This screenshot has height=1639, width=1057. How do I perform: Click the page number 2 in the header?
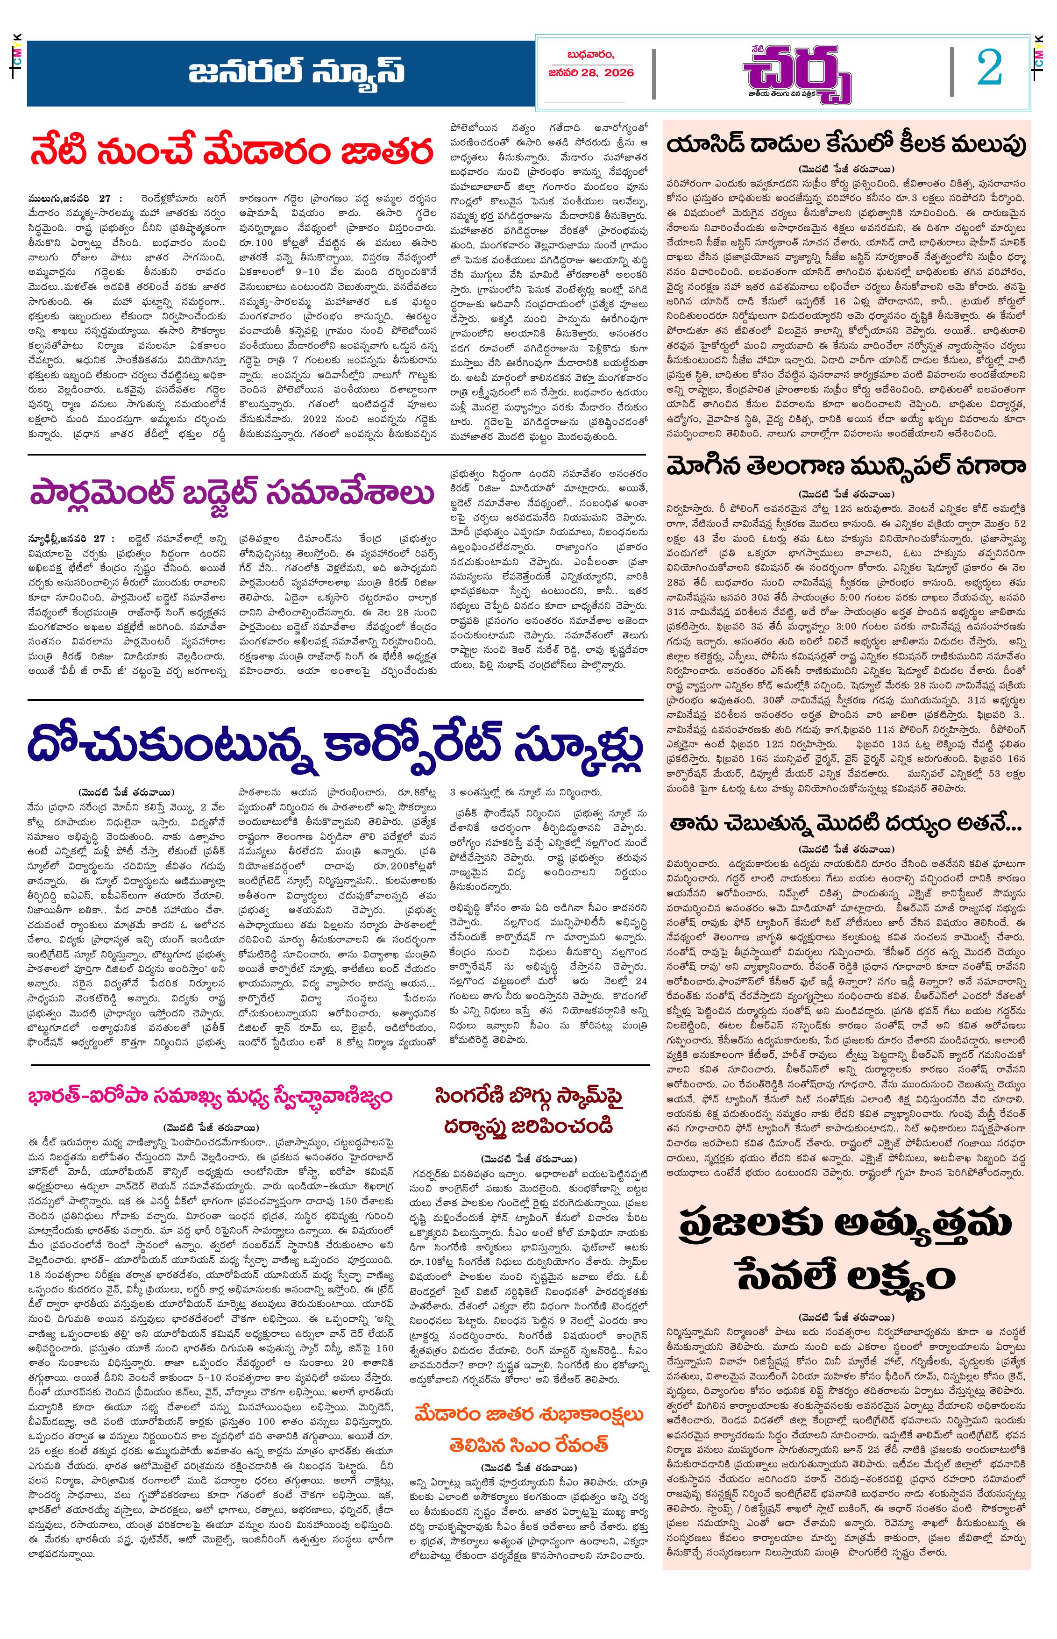tap(989, 69)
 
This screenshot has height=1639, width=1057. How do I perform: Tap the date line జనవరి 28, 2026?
tap(591, 73)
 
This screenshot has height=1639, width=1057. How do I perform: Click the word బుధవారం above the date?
tap(590, 54)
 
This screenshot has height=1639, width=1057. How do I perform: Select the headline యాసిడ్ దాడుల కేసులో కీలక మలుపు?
tap(846, 145)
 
